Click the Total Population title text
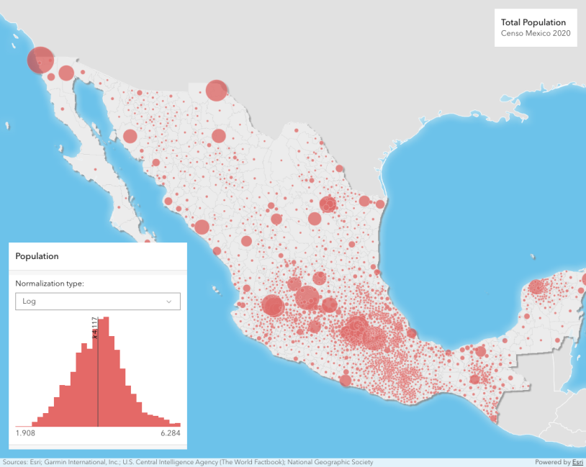533,22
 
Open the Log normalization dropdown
97,301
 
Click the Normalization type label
50,284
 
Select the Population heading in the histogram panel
37,256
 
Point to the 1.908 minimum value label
25,434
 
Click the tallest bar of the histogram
104,374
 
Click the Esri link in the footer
577,462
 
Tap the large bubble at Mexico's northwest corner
40,60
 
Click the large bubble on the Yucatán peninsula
536,287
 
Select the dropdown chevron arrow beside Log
169,301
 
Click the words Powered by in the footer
553,462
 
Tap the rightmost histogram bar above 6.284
176,425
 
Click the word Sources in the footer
14,462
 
